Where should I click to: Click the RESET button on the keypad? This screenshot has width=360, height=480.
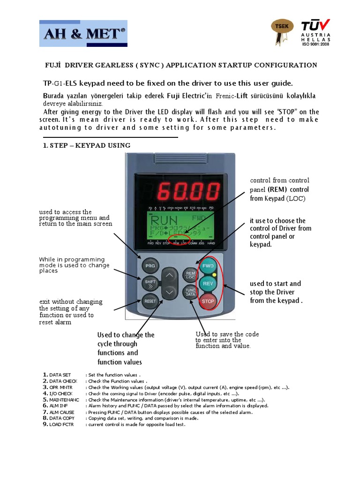click(150, 301)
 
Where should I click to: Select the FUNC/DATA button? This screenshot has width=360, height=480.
click(190, 292)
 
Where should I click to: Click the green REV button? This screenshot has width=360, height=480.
click(208, 284)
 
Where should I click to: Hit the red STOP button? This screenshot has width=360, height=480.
click(208, 301)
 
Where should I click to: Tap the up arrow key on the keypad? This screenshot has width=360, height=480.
click(170, 275)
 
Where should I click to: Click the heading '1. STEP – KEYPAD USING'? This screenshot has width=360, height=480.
click(87, 145)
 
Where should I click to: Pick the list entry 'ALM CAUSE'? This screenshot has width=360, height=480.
click(61, 412)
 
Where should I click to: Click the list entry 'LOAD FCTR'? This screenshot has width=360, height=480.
click(61, 424)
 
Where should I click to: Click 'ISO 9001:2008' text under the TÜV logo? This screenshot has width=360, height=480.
click(316, 45)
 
